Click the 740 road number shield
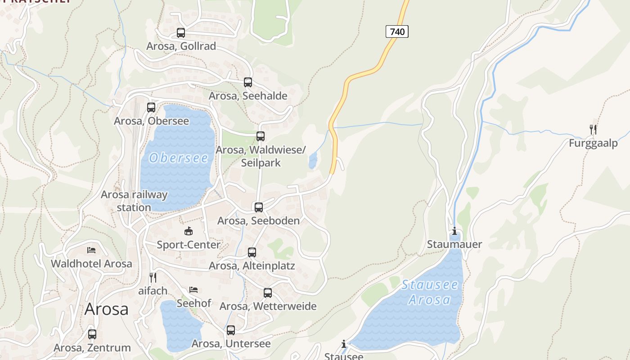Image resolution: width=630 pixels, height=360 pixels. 397,31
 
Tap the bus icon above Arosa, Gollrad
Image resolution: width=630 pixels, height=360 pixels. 181,33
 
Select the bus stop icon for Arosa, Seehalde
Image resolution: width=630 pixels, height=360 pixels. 248,82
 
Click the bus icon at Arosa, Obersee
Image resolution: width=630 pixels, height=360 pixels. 151,108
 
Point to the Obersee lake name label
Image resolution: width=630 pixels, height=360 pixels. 179,158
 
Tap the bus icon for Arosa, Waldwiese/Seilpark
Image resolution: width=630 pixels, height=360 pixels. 261,136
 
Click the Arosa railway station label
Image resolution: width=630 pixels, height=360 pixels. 134,201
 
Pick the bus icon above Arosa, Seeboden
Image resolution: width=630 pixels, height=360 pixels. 259,207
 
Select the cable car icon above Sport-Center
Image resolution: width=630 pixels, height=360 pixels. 189,231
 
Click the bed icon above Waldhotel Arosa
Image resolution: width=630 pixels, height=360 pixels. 91,250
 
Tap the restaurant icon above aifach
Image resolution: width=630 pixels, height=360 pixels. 153,277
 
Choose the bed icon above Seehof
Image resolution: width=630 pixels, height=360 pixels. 193,289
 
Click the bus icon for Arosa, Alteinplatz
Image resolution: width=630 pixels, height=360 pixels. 252,252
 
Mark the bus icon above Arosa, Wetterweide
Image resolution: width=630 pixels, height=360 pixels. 268,293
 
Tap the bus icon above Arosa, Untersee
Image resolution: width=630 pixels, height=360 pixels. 231,330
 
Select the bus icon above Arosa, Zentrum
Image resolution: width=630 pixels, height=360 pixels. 92,334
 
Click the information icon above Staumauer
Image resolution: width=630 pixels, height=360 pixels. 454,231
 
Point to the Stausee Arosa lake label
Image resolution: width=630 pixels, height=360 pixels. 430,292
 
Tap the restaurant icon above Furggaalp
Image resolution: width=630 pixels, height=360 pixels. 593,130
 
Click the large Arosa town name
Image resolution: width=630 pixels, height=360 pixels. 106,309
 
